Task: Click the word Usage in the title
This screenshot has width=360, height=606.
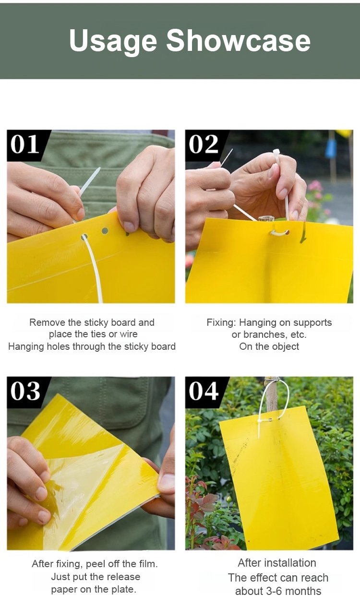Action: pyautogui.click(x=113, y=41)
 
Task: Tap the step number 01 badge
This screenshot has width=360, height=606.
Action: pyautogui.click(x=24, y=144)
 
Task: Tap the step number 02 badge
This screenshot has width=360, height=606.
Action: pyautogui.click(x=204, y=144)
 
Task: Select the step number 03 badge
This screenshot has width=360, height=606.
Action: pyautogui.click(x=25, y=392)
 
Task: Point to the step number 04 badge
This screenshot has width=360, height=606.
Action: pyautogui.click(x=204, y=392)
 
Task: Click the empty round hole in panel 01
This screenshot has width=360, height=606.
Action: pyautogui.click(x=105, y=231)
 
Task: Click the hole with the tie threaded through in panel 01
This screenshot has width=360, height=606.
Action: pyautogui.click(x=84, y=237)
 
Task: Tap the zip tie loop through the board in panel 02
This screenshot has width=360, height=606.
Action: pyautogui.click(x=280, y=233)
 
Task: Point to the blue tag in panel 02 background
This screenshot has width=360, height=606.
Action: pyautogui.click(x=331, y=149)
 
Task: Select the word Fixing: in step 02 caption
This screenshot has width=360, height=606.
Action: pyautogui.click(x=221, y=323)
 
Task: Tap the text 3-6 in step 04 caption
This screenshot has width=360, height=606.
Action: pyautogui.click(x=275, y=591)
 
